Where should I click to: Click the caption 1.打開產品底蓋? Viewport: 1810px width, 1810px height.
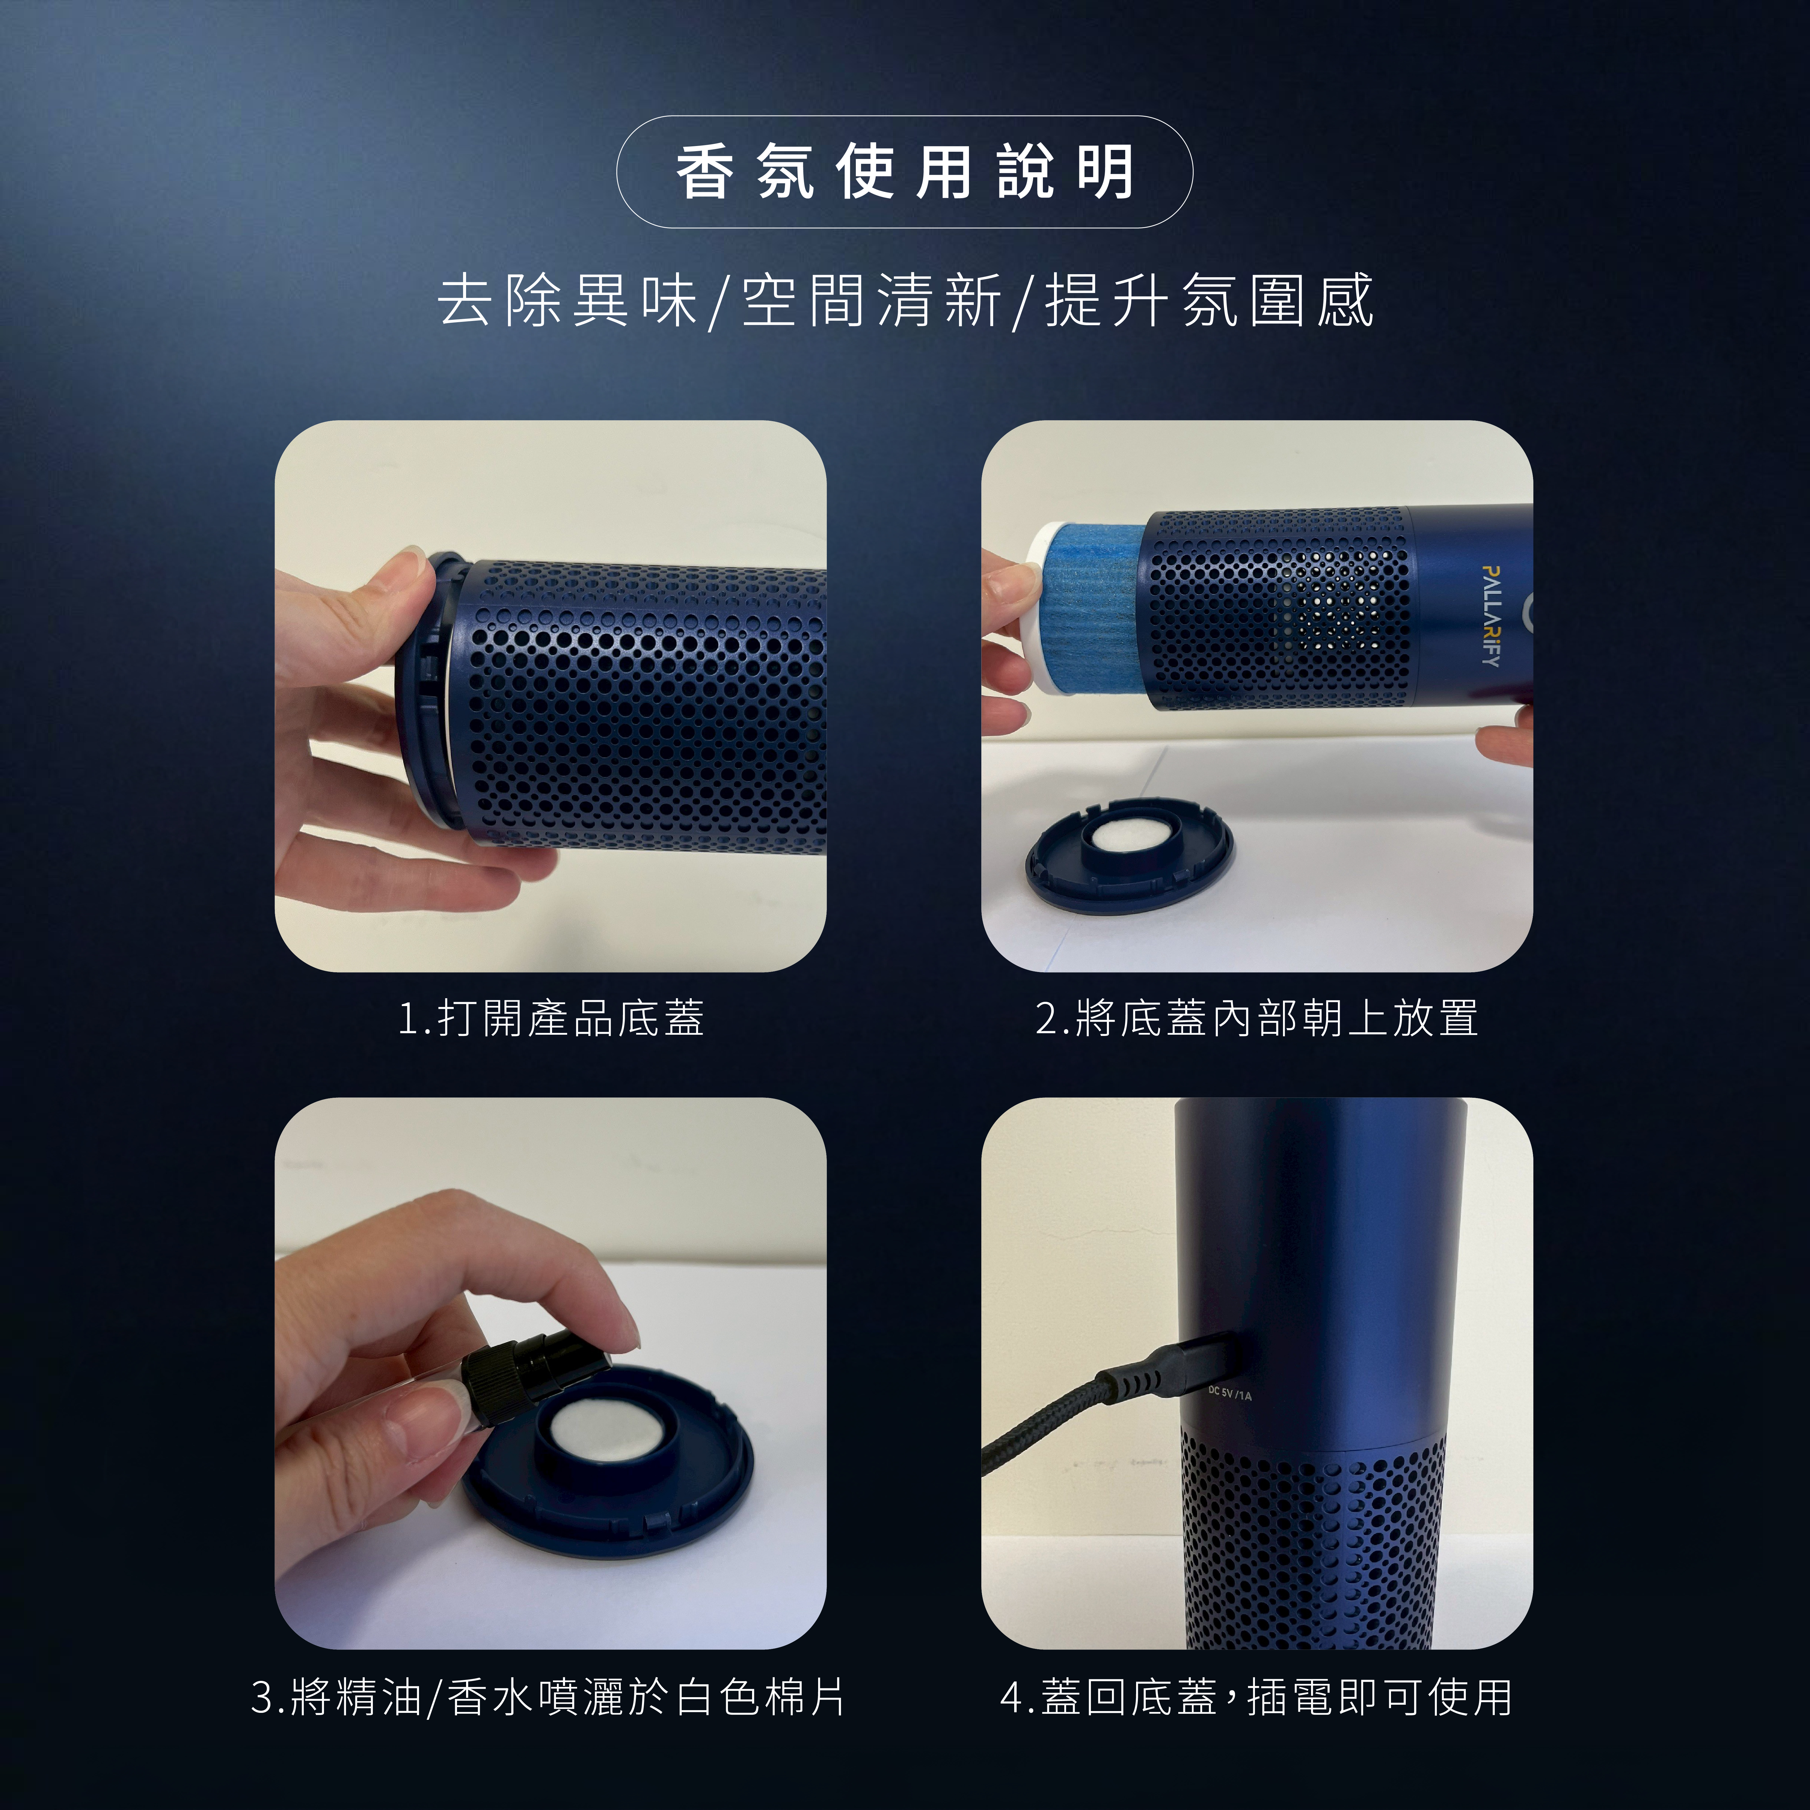tap(551, 1018)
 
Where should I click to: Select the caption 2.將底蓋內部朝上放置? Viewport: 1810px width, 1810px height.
tap(1257, 1018)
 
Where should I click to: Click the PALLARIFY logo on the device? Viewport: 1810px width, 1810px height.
tap(1491, 615)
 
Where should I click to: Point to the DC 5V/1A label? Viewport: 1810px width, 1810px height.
tap(1229, 1394)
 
